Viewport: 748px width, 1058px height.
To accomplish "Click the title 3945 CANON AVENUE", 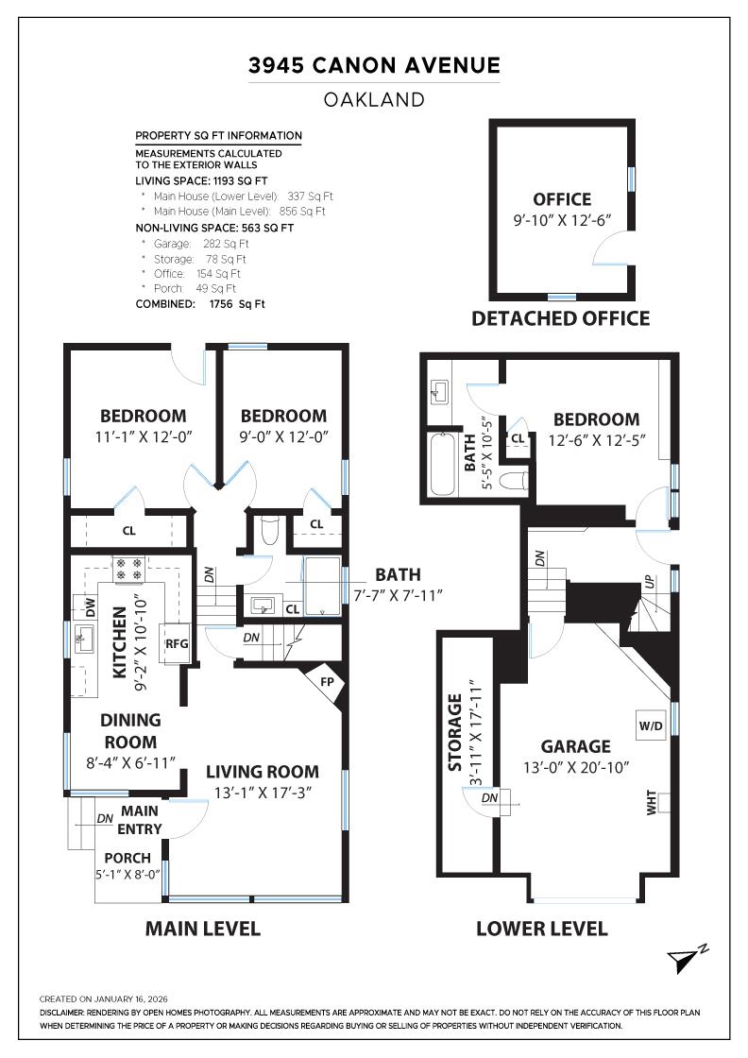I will (374, 65).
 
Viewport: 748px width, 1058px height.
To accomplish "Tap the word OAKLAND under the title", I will (374, 99).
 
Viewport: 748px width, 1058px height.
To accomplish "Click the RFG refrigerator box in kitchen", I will (177, 644).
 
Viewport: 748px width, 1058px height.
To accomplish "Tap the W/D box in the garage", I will (651, 726).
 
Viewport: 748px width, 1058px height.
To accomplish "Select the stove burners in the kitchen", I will (127, 569).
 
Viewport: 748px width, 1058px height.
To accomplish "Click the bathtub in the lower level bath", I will (442, 464).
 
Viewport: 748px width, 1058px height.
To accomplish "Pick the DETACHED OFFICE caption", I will (561, 318).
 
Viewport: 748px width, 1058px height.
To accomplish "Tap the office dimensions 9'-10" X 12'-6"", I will (562, 219).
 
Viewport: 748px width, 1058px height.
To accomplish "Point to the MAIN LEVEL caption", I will (202, 929).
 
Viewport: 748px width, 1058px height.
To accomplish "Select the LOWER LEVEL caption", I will (541, 929).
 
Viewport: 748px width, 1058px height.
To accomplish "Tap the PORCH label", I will (127, 858).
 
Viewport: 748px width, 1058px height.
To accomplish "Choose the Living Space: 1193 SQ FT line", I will (201, 179).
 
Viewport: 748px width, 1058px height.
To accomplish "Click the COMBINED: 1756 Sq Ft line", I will (200, 304).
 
